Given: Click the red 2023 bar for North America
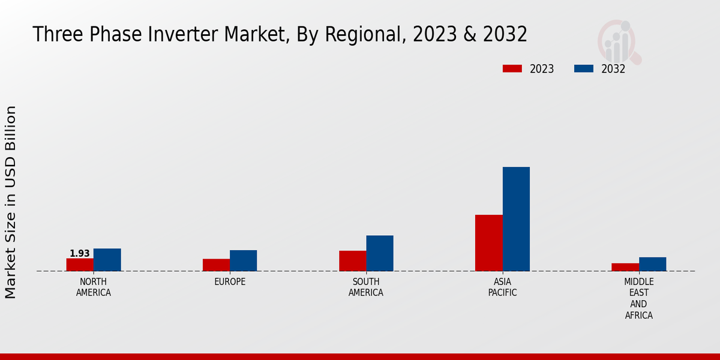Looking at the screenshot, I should pos(80,265).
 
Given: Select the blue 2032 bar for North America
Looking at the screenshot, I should pos(107,260).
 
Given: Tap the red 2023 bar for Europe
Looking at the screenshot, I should pos(216,265).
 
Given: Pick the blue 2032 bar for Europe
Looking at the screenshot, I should pos(243,260).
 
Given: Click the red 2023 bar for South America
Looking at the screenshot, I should pos(352,261).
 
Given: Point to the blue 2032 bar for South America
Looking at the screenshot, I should pos(380,253).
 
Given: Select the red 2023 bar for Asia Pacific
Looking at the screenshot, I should pos(488,243).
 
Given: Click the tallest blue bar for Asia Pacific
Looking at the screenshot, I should pos(516,219).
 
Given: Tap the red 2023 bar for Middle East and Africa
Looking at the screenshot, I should pos(625,267).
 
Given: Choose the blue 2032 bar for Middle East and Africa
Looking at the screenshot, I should pos(652,264).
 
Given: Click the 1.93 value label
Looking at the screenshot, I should pos(79,254).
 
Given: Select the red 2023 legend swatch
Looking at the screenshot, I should pos(512,68).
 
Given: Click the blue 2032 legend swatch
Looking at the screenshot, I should pos(583,68).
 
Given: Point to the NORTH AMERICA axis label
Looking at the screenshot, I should pos(94,287).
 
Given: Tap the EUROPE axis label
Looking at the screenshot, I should pos(230,282).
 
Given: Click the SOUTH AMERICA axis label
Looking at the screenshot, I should pos(366,287).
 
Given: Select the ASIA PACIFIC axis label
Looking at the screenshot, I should pos(502,287).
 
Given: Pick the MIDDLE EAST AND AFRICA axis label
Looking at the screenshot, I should pos(638,299).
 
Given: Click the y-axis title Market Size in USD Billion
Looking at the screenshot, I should pos(11,202).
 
